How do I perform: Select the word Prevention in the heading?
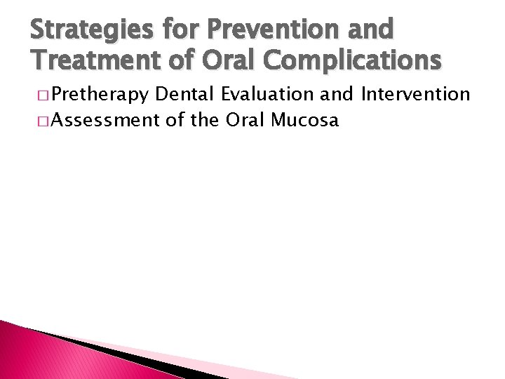coord(279,29)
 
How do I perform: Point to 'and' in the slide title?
coord(373,29)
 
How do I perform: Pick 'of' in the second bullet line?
coord(175,120)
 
